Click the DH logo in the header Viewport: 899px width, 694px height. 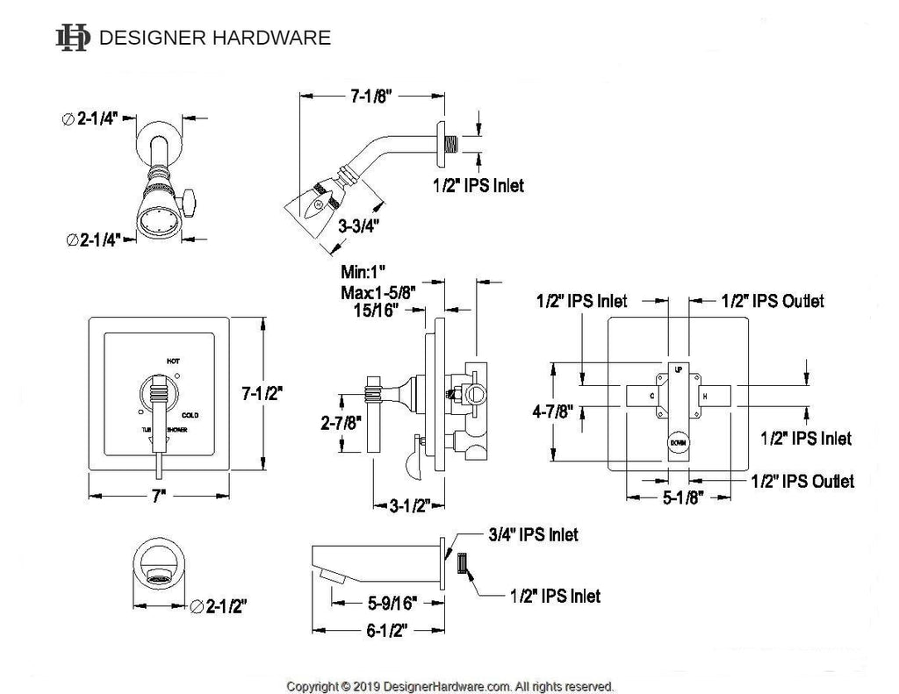73,37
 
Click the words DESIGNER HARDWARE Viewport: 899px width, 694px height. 215,38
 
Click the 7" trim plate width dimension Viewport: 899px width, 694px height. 159,496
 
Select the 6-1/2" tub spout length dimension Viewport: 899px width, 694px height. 380,629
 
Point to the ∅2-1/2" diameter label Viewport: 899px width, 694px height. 219,605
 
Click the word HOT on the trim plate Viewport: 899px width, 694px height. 174,360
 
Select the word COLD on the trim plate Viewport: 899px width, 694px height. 191,414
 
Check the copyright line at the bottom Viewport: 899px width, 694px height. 450,685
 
